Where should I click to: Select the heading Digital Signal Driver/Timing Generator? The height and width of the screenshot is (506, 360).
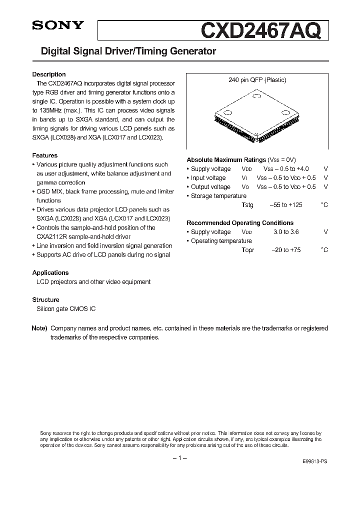124,51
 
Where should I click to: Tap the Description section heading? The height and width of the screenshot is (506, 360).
49,74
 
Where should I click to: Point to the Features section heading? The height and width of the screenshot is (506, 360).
45,155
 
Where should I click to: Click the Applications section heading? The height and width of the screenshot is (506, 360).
50,272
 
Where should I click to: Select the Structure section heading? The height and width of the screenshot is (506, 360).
46,299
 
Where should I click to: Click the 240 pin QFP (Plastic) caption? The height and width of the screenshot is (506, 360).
257,80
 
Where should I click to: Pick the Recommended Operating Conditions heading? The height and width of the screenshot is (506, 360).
240,223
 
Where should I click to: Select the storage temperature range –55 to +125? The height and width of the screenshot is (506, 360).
286,205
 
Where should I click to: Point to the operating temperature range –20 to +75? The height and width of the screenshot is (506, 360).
286,250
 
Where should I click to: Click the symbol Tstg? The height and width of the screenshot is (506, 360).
247,205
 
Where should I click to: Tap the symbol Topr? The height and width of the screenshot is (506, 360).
248,250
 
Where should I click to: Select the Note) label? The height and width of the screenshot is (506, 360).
39,328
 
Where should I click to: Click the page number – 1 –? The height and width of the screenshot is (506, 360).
179,458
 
